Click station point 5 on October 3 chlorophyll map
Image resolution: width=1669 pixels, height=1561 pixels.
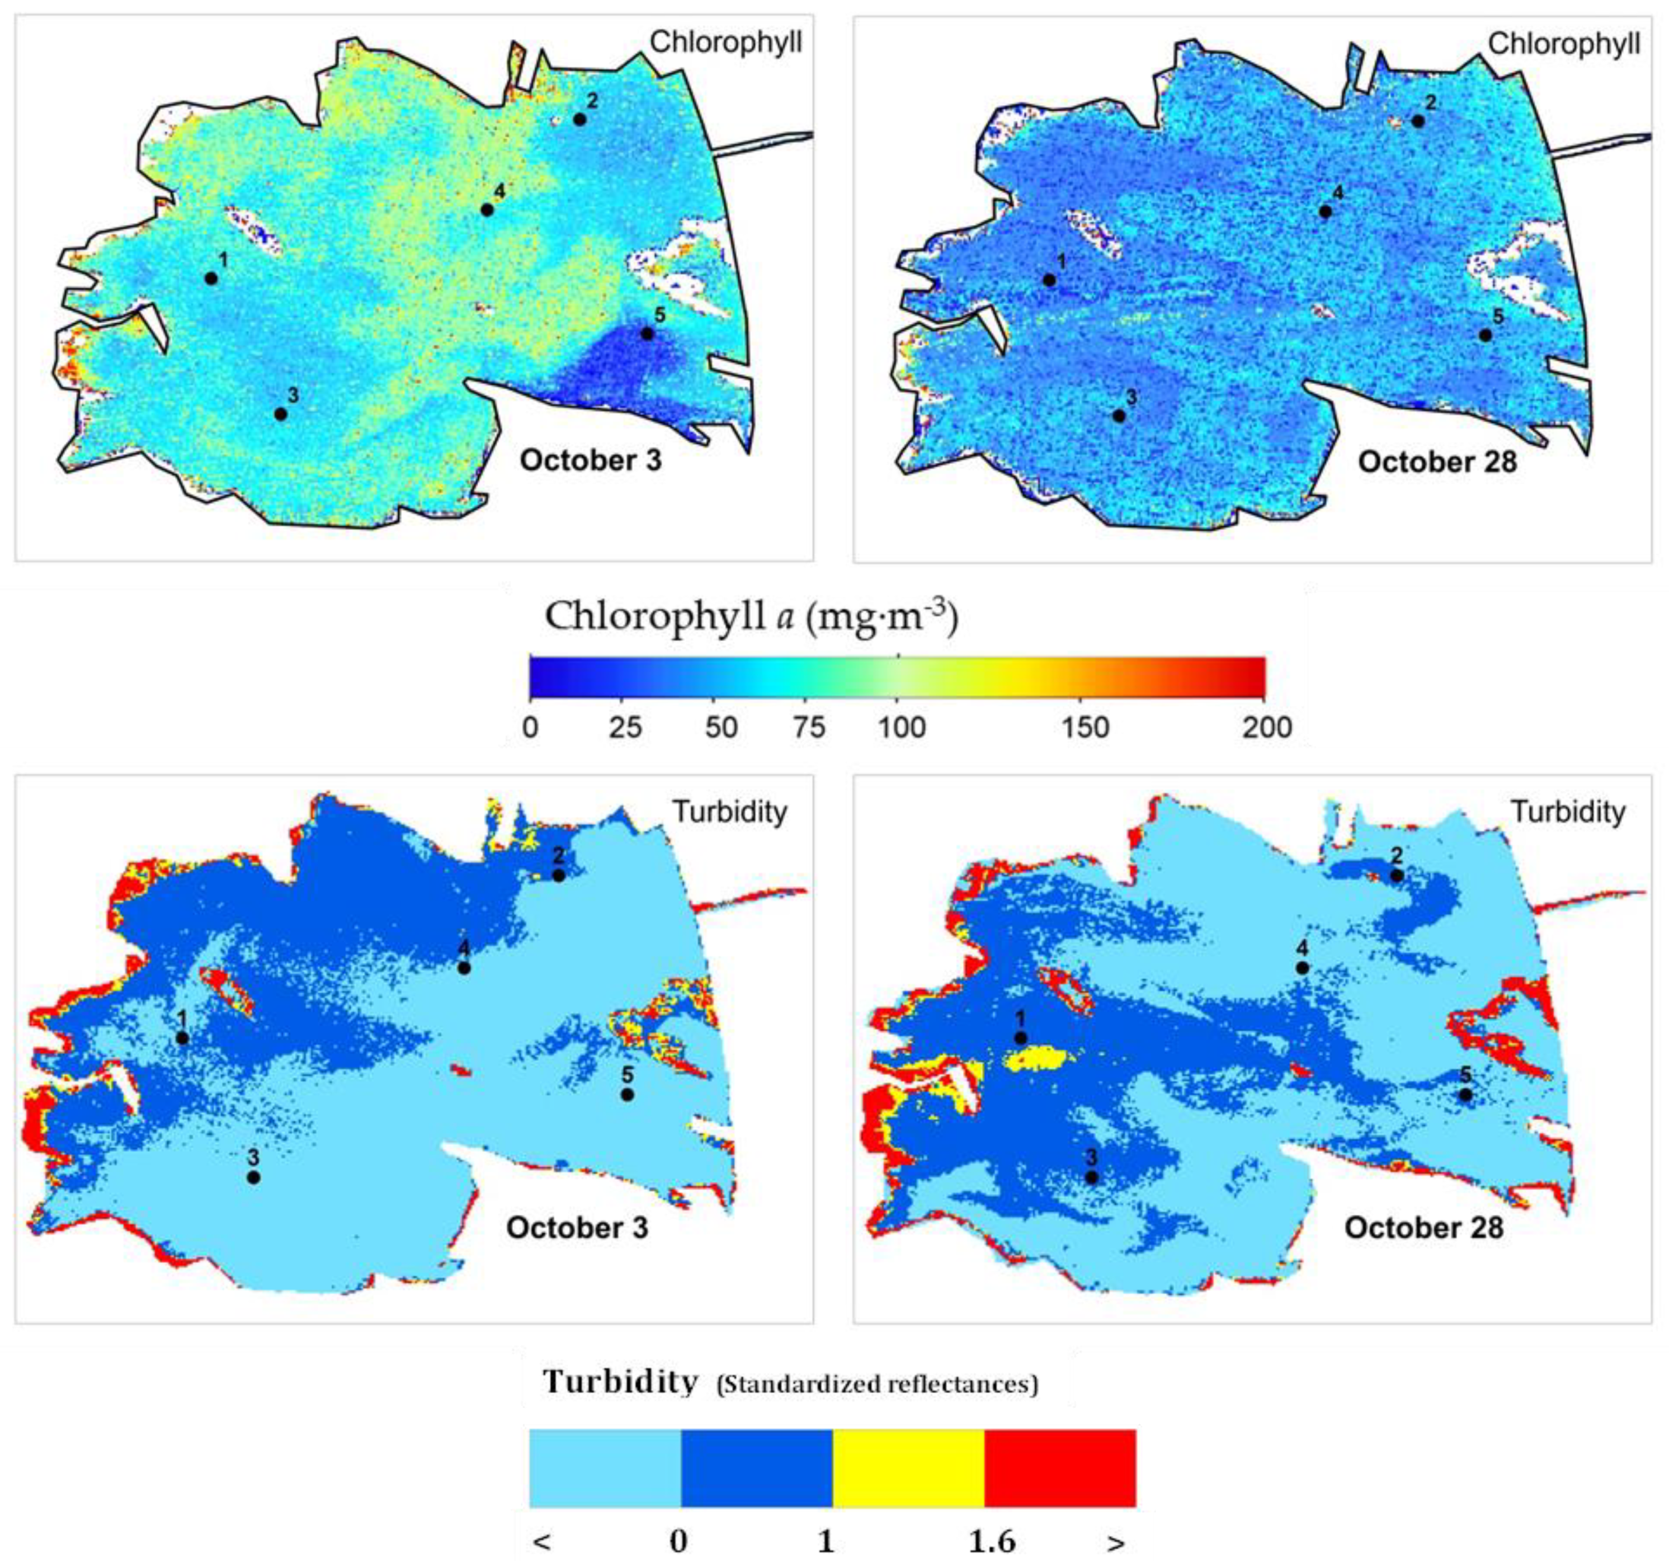(647, 333)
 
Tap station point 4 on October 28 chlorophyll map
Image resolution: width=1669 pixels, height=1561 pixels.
(1325, 211)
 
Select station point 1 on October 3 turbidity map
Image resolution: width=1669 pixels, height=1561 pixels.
(182, 1038)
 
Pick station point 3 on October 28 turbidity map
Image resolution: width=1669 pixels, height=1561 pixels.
(1091, 1177)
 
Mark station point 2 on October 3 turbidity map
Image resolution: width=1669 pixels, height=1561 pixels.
(558, 875)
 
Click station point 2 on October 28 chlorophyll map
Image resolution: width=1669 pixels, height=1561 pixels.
(1417, 121)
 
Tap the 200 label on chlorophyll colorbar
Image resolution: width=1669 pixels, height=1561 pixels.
(1266, 727)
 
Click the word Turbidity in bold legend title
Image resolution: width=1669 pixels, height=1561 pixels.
(620, 1381)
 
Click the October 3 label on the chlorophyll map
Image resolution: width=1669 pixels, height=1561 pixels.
(590, 461)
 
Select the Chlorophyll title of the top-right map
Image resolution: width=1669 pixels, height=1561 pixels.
(1563, 44)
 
